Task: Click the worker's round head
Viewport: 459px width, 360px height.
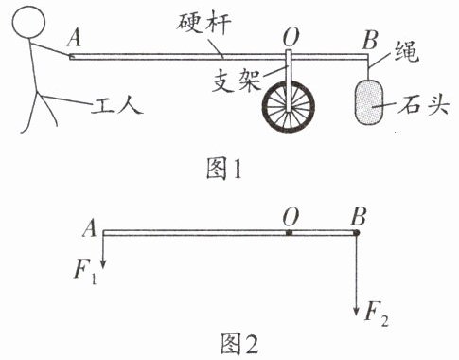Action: tap(28, 22)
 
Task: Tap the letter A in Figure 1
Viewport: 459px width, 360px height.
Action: tap(74, 38)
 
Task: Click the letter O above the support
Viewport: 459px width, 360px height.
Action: tap(291, 37)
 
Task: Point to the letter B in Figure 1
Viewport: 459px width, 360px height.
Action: tap(370, 41)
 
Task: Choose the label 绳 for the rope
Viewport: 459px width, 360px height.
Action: tap(407, 52)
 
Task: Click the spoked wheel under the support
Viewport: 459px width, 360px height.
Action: tap(289, 106)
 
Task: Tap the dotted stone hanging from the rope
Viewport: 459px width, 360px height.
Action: tap(369, 100)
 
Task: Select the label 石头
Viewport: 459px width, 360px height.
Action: tap(423, 104)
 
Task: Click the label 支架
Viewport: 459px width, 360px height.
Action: tap(236, 81)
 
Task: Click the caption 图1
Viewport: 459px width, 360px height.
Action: tap(224, 169)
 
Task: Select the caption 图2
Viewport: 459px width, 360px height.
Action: tap(239, 344)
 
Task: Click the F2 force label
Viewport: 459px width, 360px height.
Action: tap(376, 313)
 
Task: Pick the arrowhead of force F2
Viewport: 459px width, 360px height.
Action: tap(356, 311)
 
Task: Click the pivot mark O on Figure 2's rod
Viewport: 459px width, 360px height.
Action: tap(290, 233)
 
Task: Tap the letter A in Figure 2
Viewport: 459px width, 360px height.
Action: tap(89, 228)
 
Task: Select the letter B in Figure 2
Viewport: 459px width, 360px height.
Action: tap(359, 217)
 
